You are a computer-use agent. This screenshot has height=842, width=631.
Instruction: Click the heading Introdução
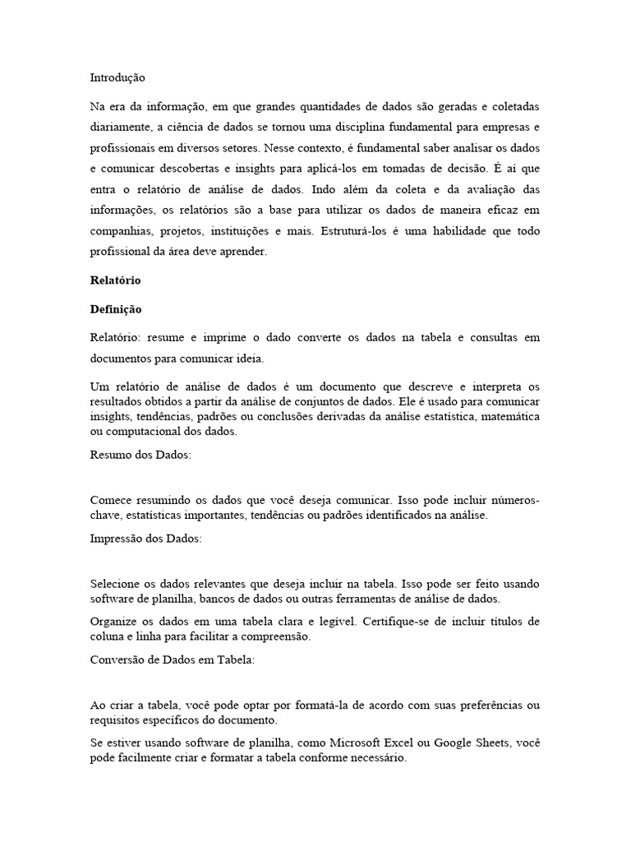(x=117, y=78)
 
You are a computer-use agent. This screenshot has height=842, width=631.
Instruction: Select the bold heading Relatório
(x=115, y=280)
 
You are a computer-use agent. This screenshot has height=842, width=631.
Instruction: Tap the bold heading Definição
(x=115, y=309)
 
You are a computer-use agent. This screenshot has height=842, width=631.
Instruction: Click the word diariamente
(x=119, y=127)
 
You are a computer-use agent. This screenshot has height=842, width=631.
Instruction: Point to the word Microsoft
(x=321, y=743)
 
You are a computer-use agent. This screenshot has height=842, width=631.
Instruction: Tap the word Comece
(x=110, y=500)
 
